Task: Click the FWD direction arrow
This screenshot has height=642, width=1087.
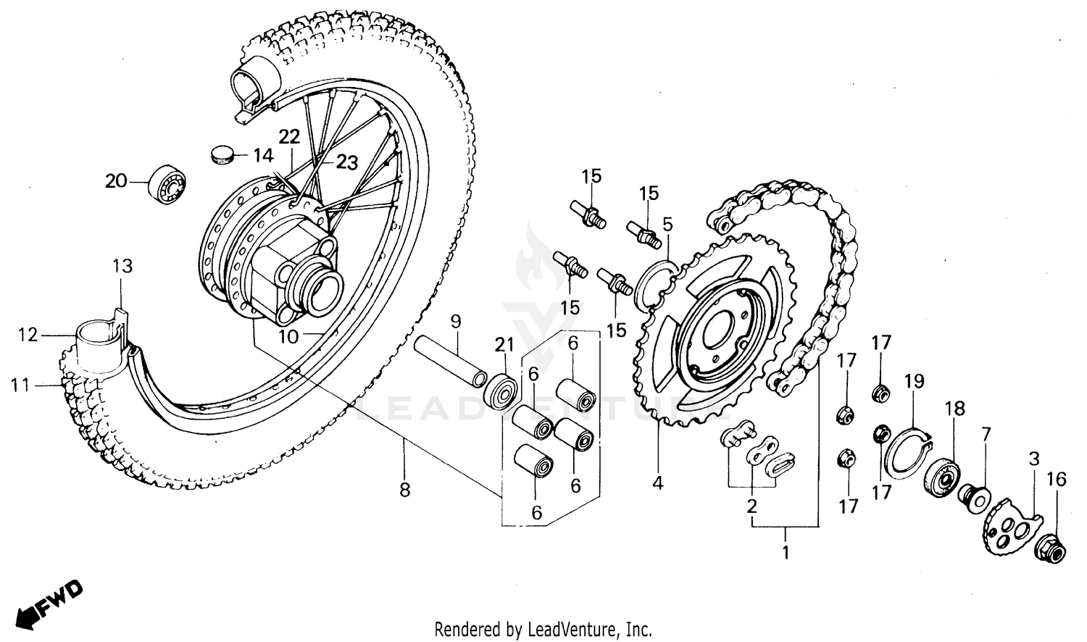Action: (x=49, y=602)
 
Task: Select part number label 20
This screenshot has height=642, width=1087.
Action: (x=116, y=181)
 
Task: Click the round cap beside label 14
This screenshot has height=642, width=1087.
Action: (x=222, y=154)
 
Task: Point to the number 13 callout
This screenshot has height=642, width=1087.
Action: (x=122, y=267)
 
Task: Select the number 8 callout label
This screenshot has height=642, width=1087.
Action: (x=404, y=491)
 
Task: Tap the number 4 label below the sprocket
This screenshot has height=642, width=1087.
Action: (x=657, y=483)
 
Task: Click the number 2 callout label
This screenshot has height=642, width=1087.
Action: (x=751, y=506)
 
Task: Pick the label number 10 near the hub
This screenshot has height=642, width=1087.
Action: (x=288, y=336)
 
